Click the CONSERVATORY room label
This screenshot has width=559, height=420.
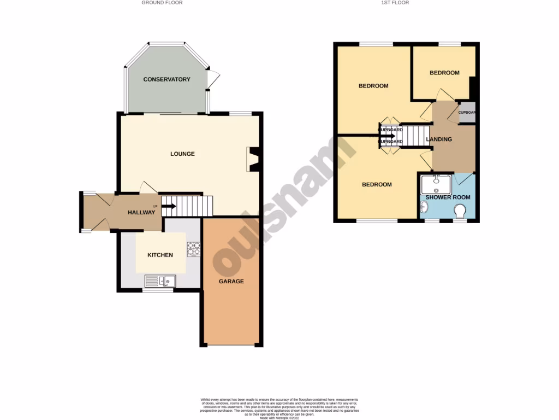[x=166, y=79]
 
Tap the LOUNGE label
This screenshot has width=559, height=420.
[x=182, y=154]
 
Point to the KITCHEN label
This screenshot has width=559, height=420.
[x=160, y=255]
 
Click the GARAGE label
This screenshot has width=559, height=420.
[x=231, y=281]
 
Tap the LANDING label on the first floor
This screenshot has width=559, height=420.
[x=439, y=139]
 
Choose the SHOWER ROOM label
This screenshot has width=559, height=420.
[x=448, y=197]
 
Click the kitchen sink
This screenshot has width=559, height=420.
[x=160, y=281]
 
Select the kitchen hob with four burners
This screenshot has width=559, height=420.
[x=194, y=249]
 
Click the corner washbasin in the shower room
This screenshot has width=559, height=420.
[x=426, y=207]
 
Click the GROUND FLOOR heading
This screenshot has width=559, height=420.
[x=162, y=3]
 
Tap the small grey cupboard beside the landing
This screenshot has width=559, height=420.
[x=467, y=113]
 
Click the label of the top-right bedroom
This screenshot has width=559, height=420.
[x=444, y=73]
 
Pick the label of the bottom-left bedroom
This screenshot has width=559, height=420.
[x=377, y=184]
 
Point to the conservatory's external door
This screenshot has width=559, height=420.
[x=215, y=80]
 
